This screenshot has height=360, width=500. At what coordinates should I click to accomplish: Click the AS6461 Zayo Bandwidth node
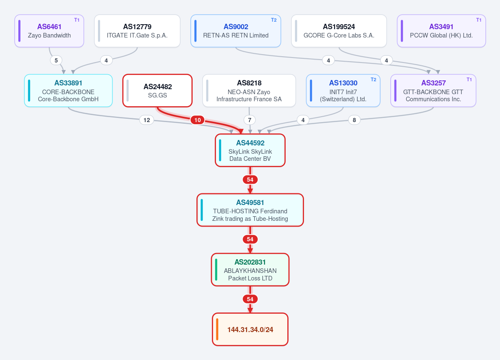49,31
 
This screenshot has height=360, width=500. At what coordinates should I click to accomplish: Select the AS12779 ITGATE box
137,31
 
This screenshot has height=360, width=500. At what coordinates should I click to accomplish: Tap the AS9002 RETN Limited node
236,31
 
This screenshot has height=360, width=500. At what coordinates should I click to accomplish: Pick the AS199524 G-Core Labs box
339,31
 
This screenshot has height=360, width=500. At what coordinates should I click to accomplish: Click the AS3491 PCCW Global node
441,31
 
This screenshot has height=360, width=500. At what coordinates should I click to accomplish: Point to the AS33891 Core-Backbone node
68,90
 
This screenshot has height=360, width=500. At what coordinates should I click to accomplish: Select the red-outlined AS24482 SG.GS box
158,90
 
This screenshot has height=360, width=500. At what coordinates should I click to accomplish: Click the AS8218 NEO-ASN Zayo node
249,90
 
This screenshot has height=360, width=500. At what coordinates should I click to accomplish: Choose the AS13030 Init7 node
343,90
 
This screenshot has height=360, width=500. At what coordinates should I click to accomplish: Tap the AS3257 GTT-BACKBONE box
433,90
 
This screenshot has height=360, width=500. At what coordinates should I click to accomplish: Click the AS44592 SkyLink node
250,150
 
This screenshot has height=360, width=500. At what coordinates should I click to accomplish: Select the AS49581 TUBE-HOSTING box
250,210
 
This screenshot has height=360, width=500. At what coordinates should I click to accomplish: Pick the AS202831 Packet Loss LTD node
250,270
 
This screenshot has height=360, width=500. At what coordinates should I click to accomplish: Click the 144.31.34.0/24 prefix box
250,330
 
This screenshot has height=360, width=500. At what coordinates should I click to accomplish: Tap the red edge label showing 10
198,120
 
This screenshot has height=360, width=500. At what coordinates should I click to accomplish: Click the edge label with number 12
147,120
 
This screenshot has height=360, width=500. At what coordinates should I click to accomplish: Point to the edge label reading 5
56,60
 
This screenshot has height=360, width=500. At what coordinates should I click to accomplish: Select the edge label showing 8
354,120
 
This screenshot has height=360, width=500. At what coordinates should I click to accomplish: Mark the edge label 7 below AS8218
250,120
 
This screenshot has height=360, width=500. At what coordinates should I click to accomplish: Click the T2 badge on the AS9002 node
274,20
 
